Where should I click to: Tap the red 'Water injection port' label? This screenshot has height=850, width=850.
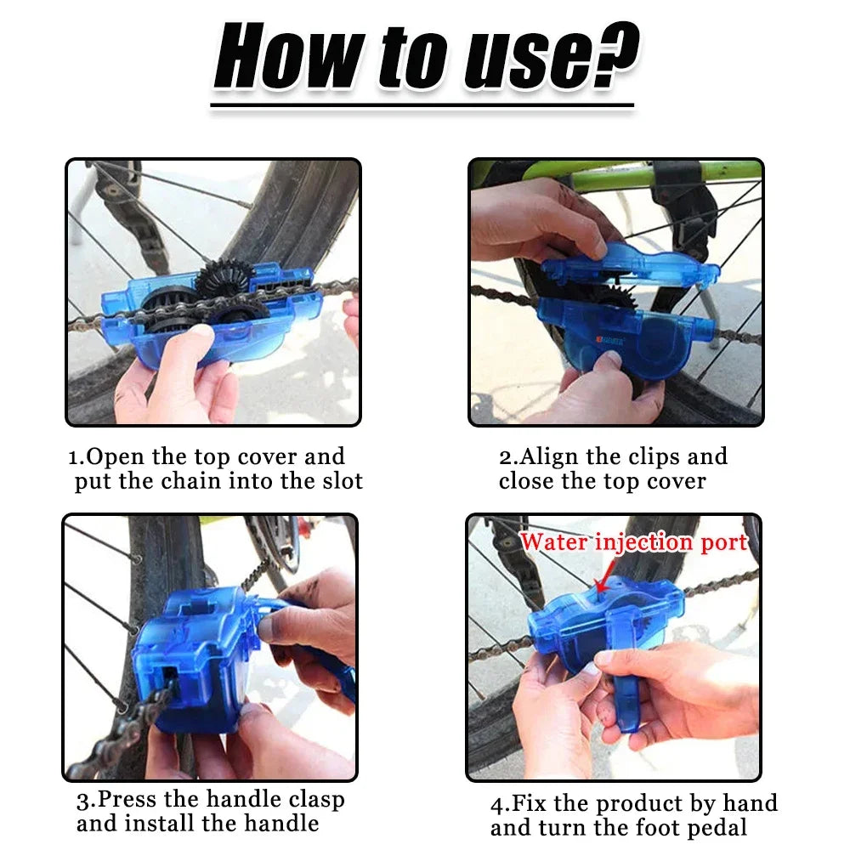[633, 542]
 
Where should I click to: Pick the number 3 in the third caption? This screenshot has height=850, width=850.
[82, 801]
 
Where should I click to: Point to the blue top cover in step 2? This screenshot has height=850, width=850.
[629, 263]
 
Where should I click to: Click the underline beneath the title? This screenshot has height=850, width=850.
[422, 106]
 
